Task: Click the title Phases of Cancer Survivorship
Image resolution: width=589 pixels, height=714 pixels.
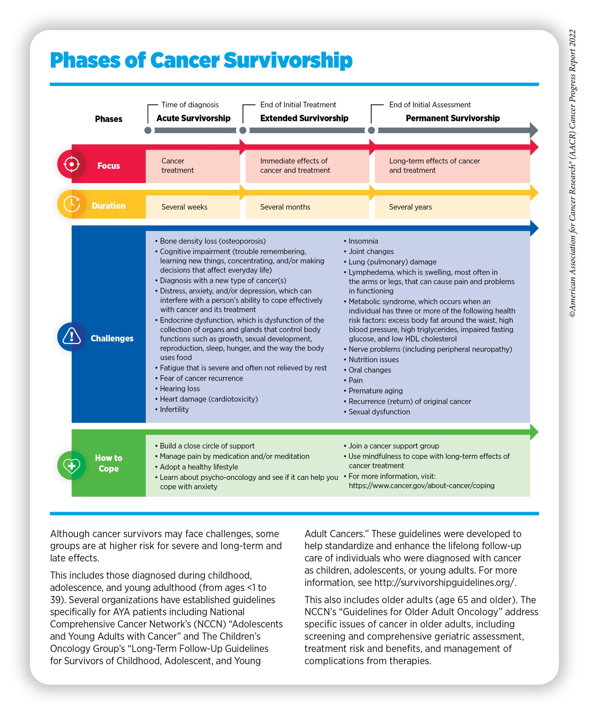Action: pyautogui.click(x=201, y=61)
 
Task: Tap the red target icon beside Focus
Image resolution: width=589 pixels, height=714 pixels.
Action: pyautogui.click(x=71, y=164)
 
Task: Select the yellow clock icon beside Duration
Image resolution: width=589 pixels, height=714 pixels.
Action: pyautogui.click(x=71, y=204)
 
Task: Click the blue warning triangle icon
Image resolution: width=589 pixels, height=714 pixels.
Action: pyautogui.click(x=71, y=336)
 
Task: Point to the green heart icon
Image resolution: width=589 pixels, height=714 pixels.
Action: pyautogui.click(x=71, y=465)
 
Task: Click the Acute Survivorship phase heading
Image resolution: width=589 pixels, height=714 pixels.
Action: pyautogui.click(x=193, y=118)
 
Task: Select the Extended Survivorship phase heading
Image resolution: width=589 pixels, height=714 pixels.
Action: pyautogui.click(x=304, y=118)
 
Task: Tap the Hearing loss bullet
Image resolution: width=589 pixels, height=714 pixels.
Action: pyautogui.click(x=180, y=389)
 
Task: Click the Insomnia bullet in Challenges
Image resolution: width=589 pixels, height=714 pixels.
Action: pyautogui.click(x=363, y=241)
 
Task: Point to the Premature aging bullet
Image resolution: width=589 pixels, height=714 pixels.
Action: pyautogui.click(x=375, y=391)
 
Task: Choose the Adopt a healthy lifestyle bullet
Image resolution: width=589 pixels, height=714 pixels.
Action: pyautogui.click(x=199, y=467)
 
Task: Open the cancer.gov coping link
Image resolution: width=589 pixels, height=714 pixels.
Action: pyautogui.click(x=421, y=486)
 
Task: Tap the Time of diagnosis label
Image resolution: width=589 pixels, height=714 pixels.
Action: pyautogui.click(x=190, y=105)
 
